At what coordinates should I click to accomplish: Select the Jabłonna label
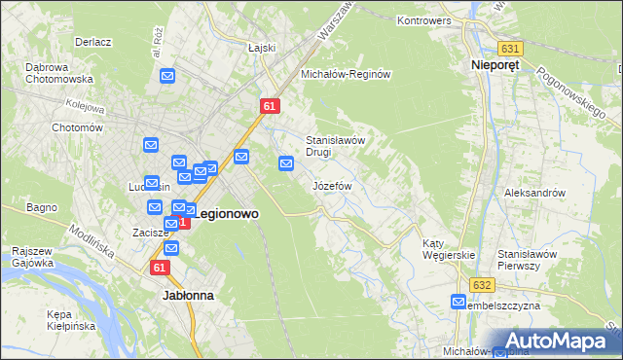pyautogui.click(x=188, y=293)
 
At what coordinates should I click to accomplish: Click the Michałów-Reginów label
pyautogui.click(x=346, y=74)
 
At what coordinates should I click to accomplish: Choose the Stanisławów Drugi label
pyautogui.click(x=335, y=145)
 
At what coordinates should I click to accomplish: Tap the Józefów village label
pyautogui.click(x=332, y=185)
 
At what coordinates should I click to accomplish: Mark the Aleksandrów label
pyautogui.click(x=534, y=193)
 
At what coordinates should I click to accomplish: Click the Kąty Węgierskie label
pyautogui.click(x=448, y=249)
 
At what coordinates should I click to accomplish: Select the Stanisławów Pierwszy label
pyautogui.click(x=526, y=260)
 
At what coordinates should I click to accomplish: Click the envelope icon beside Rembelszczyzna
pyautogui.click(x=458, y=303)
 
